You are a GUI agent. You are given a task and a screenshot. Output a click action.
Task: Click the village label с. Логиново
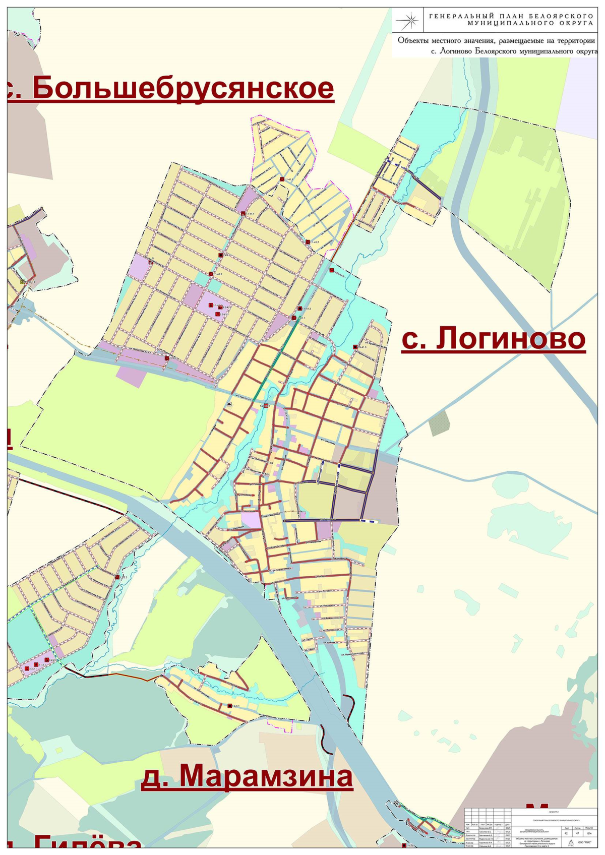click(x=493, y=338)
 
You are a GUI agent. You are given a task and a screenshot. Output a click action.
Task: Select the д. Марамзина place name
click(x=247, y=775)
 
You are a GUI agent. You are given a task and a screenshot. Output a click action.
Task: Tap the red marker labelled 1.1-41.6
click(x=282, y=179)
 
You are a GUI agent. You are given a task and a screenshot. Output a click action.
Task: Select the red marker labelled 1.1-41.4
click(x=243, y=214)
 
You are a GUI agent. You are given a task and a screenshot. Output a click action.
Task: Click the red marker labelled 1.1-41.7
click(x=308, y=242)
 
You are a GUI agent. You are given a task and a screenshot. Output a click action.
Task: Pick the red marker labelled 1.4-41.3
click(x=355, y=347)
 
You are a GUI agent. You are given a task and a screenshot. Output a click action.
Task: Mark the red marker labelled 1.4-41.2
click(x=300, y=308)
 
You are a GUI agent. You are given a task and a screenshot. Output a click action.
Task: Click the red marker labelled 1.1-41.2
click(x=211, y=274)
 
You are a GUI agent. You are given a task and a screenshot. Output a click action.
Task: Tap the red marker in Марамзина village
click(x=229, y=706)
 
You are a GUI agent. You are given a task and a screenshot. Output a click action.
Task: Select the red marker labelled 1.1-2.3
click(x=117, y=577)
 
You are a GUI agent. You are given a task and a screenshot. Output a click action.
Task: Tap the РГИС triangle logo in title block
click(x=570, y=842)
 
